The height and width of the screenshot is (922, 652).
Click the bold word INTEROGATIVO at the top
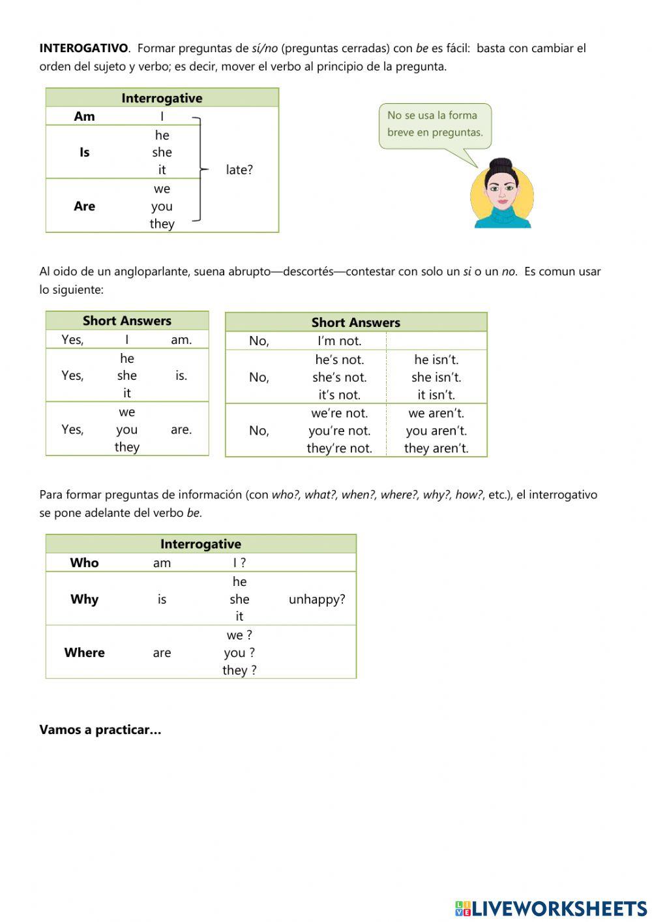(83, 48)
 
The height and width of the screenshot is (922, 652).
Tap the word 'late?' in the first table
(239, 170)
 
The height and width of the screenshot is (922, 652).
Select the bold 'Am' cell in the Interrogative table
(84, 116)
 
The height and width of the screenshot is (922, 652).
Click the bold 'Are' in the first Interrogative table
(84, 206)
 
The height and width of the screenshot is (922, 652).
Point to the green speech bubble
(435, 125)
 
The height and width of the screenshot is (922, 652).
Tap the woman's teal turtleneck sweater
(502, 218)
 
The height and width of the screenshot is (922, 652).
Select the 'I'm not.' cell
(339, 341)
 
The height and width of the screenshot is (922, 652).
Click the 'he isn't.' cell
(436, 360)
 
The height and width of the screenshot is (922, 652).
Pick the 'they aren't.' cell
(436, 448)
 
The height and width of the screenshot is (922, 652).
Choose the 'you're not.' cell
(339, 431)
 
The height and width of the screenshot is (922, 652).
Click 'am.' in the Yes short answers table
(181, 339)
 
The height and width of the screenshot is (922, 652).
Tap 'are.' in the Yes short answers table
(181, 429)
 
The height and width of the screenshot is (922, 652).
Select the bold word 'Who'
(84, 562)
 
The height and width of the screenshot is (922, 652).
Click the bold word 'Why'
(84, 599)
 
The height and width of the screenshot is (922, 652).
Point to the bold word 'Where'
(84, 653)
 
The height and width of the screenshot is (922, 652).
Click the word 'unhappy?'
(317, 599)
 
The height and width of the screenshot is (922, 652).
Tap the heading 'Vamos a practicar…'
(100, 730)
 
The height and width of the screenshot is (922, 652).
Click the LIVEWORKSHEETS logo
(551, 908)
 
